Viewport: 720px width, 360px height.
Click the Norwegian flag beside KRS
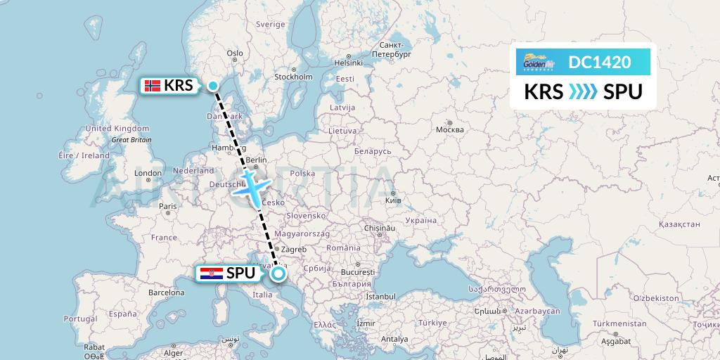point(152,86)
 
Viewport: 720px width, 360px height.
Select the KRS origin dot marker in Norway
point(213,86)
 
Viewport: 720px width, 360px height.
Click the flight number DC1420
point(600,63)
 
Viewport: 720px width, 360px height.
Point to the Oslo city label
point(235,53)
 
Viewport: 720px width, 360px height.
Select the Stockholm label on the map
point(293,77)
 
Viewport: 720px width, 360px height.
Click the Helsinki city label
point(348,63)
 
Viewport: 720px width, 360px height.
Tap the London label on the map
point(148,173)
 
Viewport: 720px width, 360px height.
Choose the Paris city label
point(167,206)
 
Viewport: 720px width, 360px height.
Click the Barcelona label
point(166,292)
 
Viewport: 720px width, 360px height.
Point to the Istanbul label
point(382,297)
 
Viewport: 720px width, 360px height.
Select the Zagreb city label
point(294,250)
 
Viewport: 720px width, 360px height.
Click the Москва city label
point(450,129)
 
